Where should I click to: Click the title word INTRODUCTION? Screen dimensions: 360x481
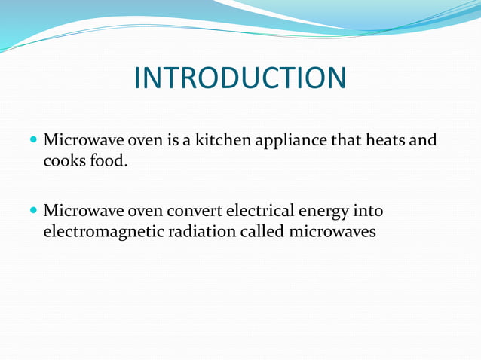(x=240, y=78)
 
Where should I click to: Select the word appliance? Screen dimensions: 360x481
(x=291, y=142)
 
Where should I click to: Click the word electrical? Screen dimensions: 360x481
(x=262, y=212)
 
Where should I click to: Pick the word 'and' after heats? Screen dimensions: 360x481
(x=422, y=141)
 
